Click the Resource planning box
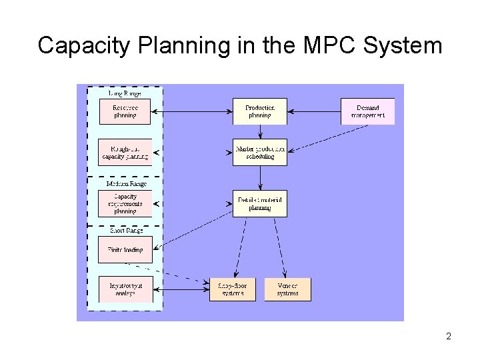(125, 111)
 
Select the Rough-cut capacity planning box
(125, 153)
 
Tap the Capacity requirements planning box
(125, 204)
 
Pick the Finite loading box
(125, 250)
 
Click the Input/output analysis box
(125, 289)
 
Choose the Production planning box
(259, 111)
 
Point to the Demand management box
(367, 111)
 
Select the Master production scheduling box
(259, 153)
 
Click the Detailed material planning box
(259, 204)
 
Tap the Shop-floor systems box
(232, 289)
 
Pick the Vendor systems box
(287, 289)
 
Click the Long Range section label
(125, 93)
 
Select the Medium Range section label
(126, 183)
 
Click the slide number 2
(449, 337)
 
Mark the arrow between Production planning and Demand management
(313, 111)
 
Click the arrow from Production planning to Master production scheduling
(259, 131)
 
